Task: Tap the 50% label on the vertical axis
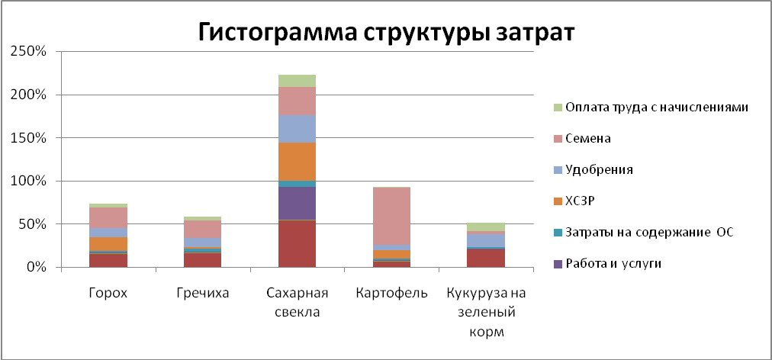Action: [33, 224]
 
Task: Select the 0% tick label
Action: [36, 268]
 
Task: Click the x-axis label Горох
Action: [108, 293]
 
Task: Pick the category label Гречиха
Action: [203, 293]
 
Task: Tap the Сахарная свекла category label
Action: [298, 303]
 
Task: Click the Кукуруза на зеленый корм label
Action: [486, 313]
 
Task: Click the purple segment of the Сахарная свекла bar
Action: [298, 204]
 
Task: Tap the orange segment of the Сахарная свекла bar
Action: [298, 162]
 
